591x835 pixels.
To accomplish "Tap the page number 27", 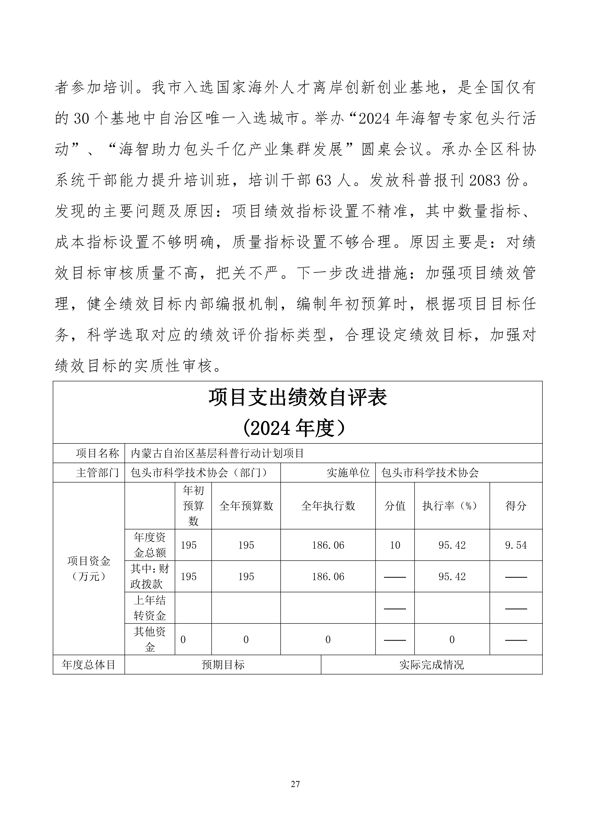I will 295,784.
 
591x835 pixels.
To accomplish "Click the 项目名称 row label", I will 98,453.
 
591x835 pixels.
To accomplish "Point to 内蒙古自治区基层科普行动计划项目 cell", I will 217,453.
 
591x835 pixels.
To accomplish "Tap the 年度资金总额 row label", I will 150,545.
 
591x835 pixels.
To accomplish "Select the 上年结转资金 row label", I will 150,608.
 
